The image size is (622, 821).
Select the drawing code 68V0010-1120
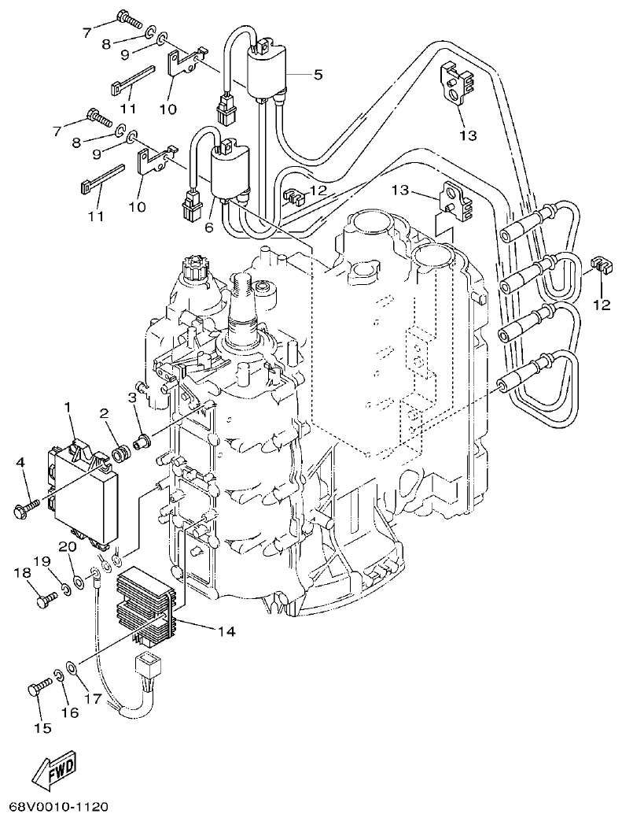58,808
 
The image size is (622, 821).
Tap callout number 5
318,75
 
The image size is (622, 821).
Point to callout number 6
208,227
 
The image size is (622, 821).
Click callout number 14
227,631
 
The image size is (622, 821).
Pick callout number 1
68,406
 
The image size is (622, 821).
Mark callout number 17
93,697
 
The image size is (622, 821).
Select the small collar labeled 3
142,442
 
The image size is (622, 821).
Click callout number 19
41,561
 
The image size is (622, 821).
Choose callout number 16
69,712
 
